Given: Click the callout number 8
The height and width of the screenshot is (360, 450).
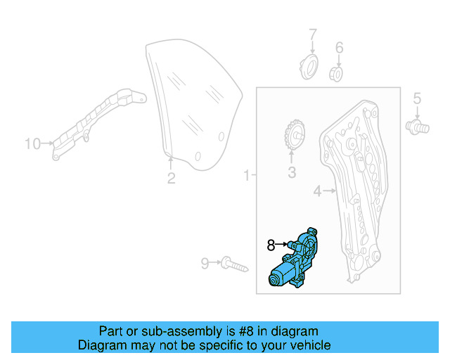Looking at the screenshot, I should [x=271, y=245].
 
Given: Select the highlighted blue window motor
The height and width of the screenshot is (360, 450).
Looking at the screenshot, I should [x=296, y=259].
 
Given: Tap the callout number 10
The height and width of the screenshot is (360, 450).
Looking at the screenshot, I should [x=32, y=143].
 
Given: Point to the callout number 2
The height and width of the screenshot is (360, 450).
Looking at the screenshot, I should [x=171, y=178].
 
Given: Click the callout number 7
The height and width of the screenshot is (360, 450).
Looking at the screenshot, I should [x=313, y=33].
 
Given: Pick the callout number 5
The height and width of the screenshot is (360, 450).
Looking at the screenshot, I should [x=416, y=98].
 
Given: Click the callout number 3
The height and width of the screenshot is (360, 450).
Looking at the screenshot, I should [x=291, y=172].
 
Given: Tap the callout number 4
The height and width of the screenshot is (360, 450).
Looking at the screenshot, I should [x=316, y=191].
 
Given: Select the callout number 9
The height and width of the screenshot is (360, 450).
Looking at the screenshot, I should [x=205, y=264].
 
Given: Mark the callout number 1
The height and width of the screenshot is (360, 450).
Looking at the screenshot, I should [x=246, y=174].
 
